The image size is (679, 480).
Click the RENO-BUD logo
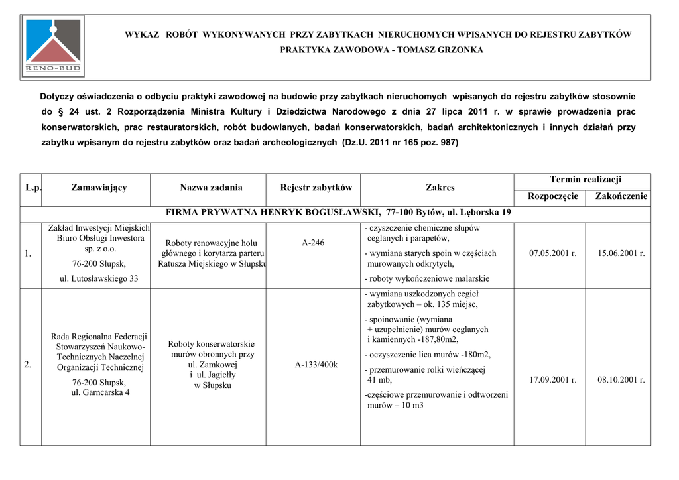point(52,45)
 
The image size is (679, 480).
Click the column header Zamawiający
point(99,188)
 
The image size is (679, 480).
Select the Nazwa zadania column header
point(211,188)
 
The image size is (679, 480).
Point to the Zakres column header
point(440,188)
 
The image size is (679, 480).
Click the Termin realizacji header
point(585,180)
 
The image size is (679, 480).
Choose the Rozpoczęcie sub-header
point(552,196)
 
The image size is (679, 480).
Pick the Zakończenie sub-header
point(621,196)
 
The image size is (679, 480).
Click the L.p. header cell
point(33,188)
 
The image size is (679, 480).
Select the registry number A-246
point(313,243)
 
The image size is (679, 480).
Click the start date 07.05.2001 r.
point(552,253)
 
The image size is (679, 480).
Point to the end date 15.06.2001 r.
point(621,253)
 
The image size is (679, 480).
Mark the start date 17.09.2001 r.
point(552,380)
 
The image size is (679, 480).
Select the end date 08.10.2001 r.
point(621,380)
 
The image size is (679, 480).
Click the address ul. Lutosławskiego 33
point(99,279)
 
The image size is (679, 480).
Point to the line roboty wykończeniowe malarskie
point(427,279)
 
